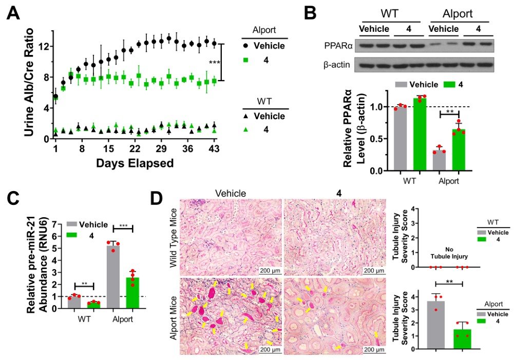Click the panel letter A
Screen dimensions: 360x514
(14, 14)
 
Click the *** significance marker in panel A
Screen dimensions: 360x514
(214, 63)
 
